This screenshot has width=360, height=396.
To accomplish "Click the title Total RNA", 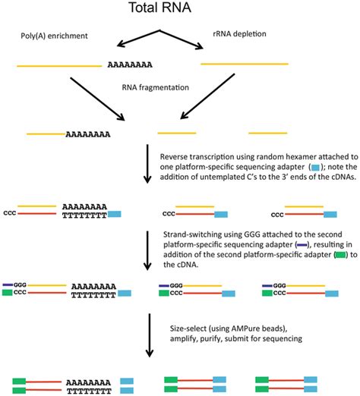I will point(180,11).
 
